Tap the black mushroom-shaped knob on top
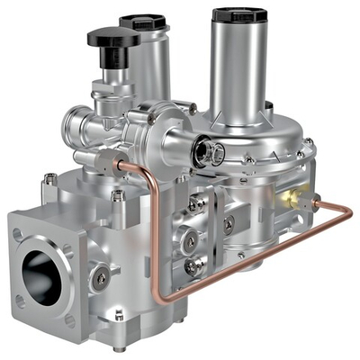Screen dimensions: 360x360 coord(113,38)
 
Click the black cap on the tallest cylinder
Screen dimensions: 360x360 coord(243,14)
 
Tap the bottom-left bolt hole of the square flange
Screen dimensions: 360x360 coord(20,301)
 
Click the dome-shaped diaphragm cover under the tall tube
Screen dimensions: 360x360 coord(261,144)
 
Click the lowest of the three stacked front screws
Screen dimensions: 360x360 coord(193,266)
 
